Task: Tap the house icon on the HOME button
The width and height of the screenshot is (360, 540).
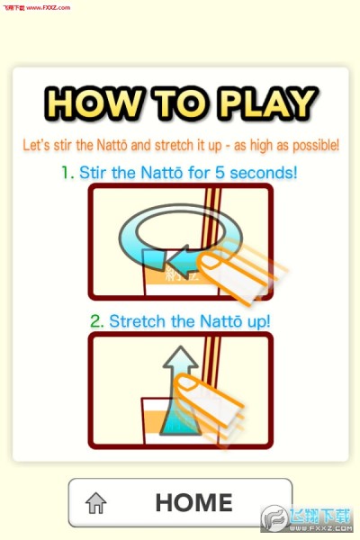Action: pos(95,503)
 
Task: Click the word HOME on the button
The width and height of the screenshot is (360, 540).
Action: pos(194,502)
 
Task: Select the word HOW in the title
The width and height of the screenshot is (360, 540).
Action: pos(94,103)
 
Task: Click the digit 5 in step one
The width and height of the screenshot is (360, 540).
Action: pos(220,173)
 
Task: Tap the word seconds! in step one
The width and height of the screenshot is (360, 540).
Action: pos(263,173)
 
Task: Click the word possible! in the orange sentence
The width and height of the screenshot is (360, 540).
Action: pos(316,145)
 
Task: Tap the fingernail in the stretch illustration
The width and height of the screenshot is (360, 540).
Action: pos(188,382)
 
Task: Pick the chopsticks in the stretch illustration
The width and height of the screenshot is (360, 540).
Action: pos(211,360)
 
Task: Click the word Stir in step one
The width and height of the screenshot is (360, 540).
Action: pos(93,173)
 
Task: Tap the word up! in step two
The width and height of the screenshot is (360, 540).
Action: pos(258,322)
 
